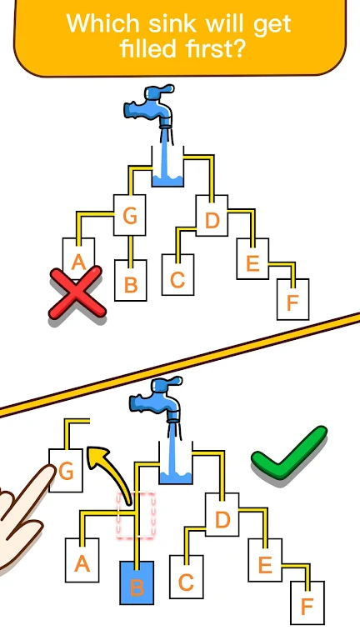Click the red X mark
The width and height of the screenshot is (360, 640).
(x=77, y=292)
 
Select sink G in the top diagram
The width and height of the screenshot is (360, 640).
(x=130, y=216)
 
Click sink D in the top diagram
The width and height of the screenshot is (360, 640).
(x=212, y=216)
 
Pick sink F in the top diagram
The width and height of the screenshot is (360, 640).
(x=293, y=299)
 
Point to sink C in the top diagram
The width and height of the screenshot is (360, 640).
(x=178, y=275)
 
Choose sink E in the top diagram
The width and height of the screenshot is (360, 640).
(x=253, y=259)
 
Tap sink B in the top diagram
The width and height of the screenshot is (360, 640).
(x=131, y=280)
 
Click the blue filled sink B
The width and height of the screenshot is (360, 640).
(x=137, y=582)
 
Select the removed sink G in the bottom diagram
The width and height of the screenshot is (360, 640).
(x=66, y=471)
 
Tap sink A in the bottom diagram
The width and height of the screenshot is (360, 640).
(x=82, y=560)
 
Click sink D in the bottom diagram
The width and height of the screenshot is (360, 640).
(x=222, y=514)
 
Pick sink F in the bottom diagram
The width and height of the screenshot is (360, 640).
(x=307, y=602)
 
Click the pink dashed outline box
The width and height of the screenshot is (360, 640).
(x=137, y=515)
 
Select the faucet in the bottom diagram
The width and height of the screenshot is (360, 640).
(x=157, y=401)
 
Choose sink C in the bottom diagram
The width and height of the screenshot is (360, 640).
(x=187, y=577)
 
